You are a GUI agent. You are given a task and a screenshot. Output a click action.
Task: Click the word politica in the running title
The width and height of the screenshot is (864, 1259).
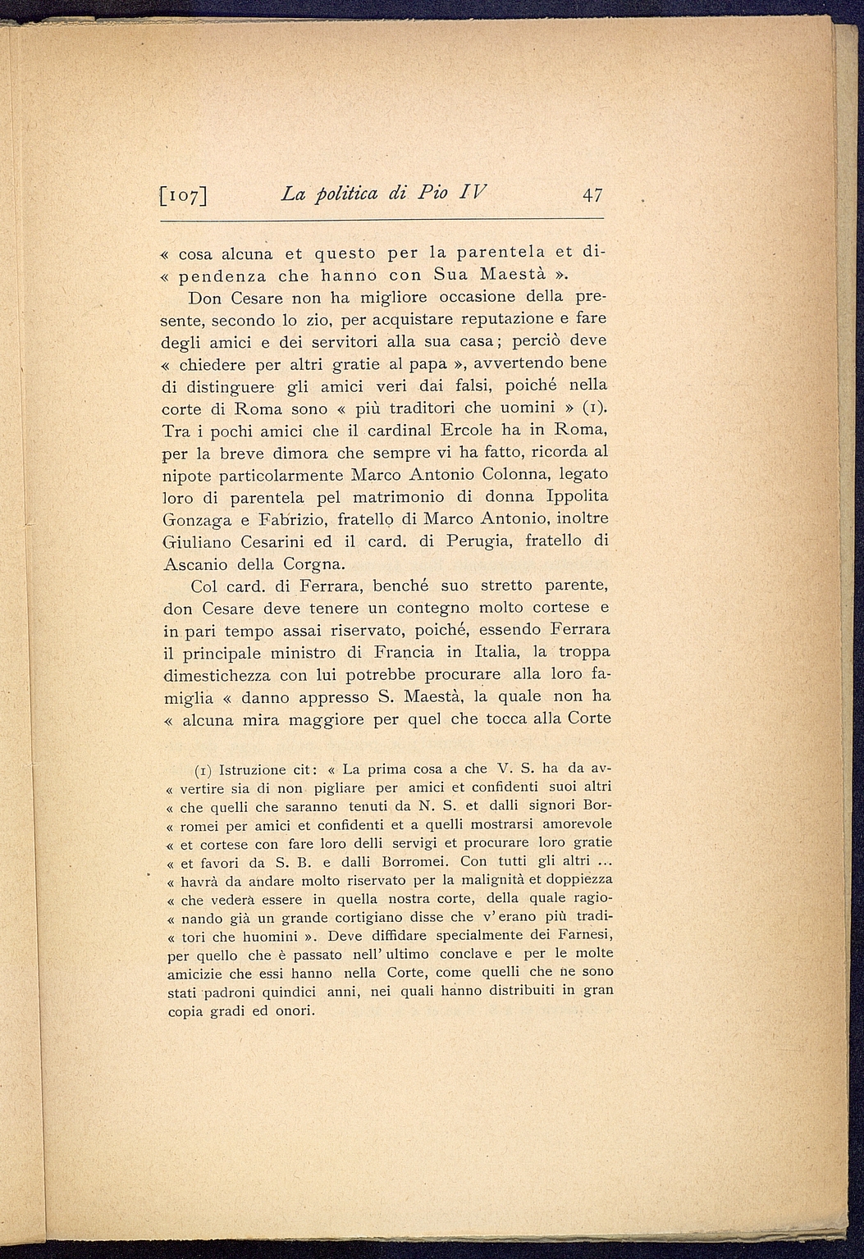tap(359, 195)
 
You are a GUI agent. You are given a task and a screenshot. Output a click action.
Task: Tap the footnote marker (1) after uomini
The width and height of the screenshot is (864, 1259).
tap(593, 407)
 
